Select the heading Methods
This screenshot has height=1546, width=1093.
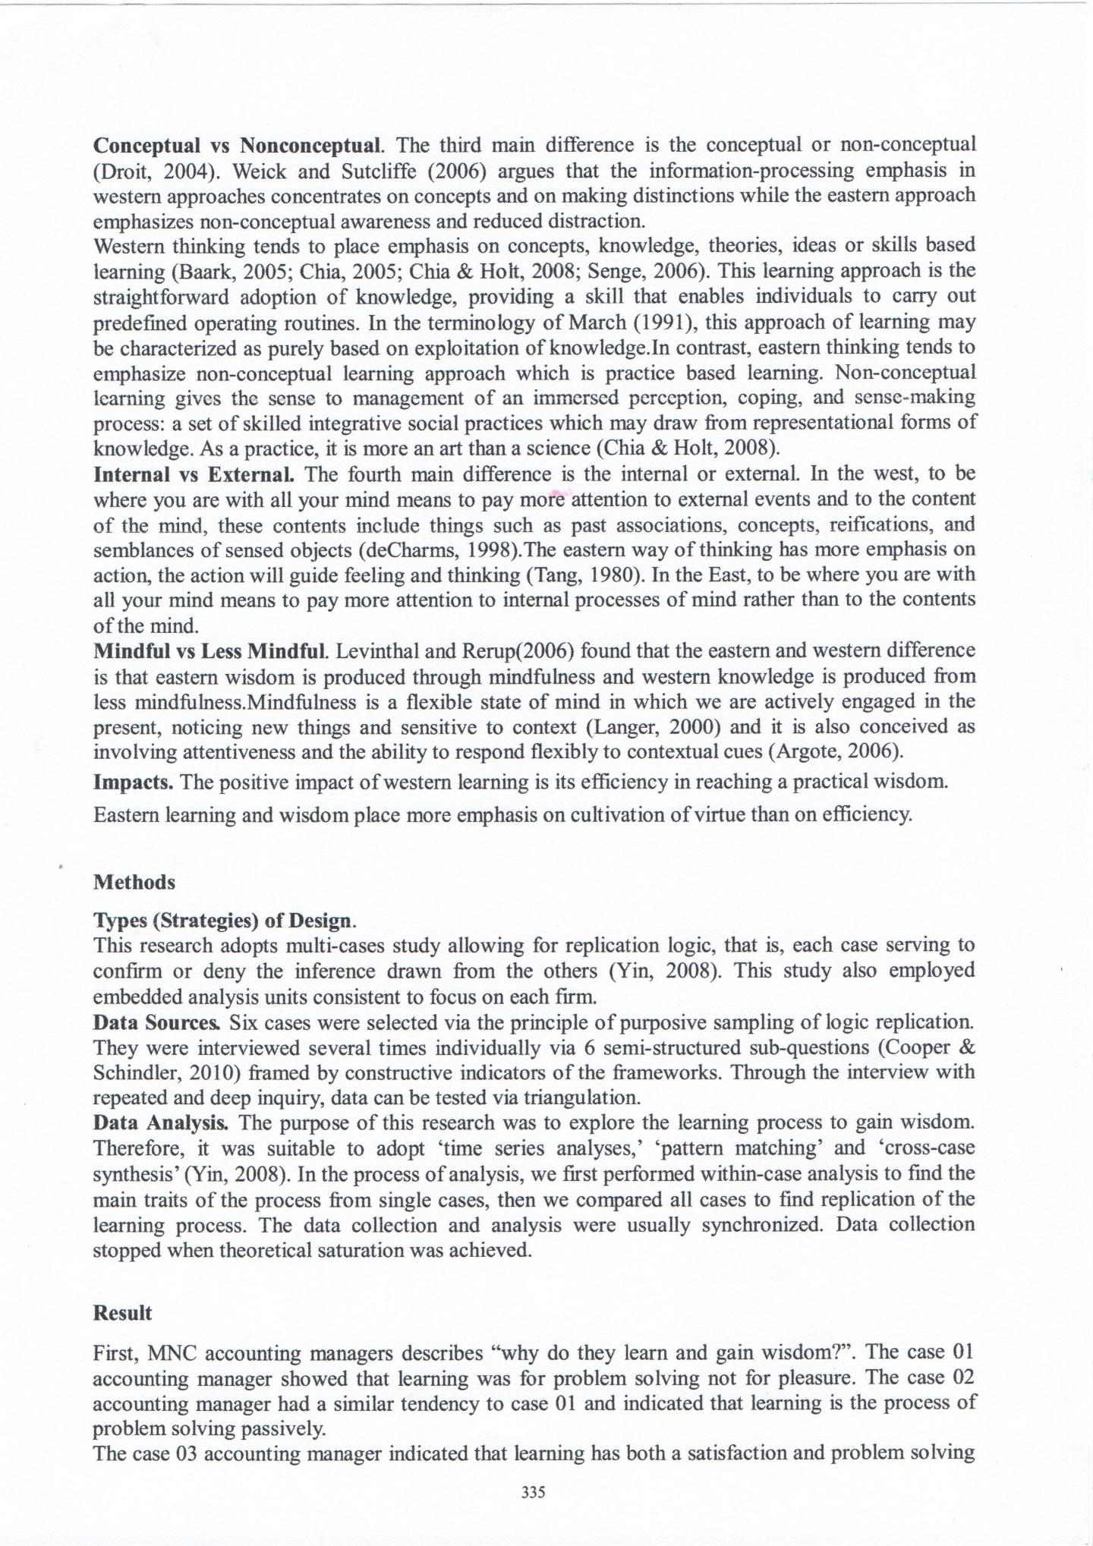[x=134, y=883]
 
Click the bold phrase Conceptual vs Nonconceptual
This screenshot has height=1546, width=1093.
[x=239, y=144]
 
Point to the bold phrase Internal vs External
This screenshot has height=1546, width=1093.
[x=194, y=475]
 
